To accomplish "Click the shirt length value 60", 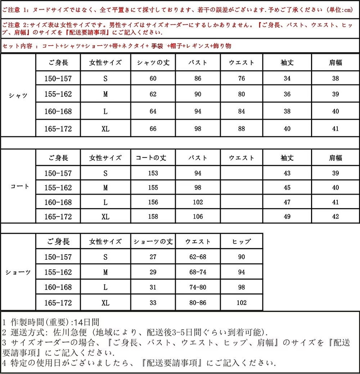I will (153, 78).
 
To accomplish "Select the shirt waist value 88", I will (241, 129).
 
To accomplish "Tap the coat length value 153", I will (153, 173).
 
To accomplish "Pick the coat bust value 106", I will (198, 217).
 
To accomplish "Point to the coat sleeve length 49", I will (287, 217).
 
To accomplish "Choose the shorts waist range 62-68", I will (198, 257).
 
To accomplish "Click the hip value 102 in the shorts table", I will (241, 303).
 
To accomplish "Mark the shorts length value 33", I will (153, 303).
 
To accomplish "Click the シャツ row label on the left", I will (18, 96).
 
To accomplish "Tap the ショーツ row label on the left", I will (18, 272).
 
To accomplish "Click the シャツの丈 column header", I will (153, 62).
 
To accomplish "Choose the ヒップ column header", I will (241, 241).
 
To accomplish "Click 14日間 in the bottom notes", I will (86, 322).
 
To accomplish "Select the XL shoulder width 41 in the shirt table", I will (335, 129).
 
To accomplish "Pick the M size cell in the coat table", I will (105, 188).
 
